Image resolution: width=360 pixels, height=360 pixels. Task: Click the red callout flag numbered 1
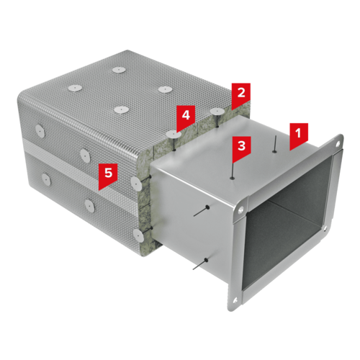tap(298, 135)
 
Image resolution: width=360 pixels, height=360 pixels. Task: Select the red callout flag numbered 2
tap(241, 95)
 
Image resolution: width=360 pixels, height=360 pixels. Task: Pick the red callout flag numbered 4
tap(186, 118)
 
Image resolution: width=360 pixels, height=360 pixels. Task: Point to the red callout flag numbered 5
tap(108, 176)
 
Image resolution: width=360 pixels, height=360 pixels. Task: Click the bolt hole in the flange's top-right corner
tap(338, 144)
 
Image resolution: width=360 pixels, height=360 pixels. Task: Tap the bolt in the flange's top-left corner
tap(240, 210)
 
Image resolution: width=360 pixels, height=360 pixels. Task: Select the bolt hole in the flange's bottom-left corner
tap(235, 300)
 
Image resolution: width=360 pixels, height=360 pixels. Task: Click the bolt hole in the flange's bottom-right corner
tap(325, 228)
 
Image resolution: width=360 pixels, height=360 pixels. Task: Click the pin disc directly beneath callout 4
tap(174, 135)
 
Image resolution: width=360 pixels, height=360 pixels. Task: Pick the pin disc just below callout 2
tap(217, 111)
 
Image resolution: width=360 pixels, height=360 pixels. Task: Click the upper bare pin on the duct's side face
tap(202, 211)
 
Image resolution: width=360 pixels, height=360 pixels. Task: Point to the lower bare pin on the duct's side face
tap(200, 264)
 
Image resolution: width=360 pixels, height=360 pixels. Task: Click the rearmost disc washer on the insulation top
tap(119, 70)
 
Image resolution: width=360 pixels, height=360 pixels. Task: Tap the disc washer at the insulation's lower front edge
tap(138, 235)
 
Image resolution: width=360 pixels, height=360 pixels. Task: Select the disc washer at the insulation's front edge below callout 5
tap(136, 184)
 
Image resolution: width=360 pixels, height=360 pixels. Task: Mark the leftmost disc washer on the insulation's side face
tap(40, 131)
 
